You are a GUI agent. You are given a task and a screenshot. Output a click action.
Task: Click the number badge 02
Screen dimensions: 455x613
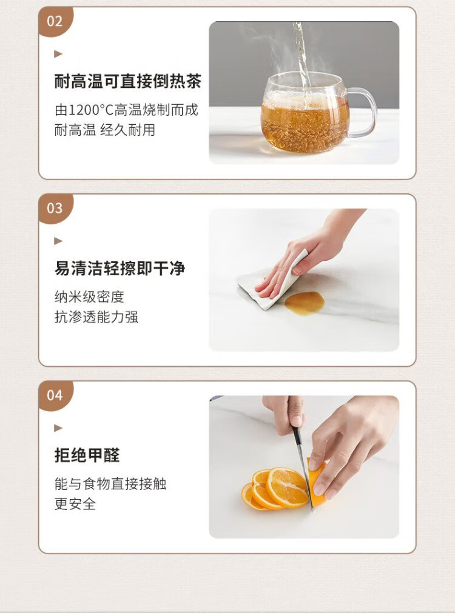tap(55, 21)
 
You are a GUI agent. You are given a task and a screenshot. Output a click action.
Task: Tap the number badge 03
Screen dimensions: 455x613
tap(55, 209)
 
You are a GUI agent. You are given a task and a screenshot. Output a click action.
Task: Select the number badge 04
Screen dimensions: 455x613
tap(55, 395)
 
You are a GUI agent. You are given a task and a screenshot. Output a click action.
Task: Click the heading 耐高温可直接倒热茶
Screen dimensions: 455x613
tap(128, 81)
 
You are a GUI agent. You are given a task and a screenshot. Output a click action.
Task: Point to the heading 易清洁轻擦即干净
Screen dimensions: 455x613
tap(120, 268)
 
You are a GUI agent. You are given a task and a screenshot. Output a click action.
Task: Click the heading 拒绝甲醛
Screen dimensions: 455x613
tap(87, 455)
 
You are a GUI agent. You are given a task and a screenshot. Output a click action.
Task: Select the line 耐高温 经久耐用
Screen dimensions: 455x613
tap(105, 130)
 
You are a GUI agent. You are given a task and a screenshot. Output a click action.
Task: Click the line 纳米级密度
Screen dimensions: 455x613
tap(89, 297)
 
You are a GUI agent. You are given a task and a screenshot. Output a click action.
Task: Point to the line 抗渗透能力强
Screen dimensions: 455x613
tap(96, 317)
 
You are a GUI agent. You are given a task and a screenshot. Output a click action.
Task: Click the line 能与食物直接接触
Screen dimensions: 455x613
tap(110, 484)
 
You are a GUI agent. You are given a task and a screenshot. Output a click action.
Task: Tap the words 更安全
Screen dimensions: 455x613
tap(75, 504)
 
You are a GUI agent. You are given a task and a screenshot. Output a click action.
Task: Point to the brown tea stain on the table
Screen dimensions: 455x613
tap(305, 303)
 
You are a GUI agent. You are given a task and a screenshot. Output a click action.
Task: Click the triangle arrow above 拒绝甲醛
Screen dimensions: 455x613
tap(58, 427)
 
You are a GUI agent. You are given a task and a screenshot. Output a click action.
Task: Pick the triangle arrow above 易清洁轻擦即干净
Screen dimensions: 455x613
tap(58, 241)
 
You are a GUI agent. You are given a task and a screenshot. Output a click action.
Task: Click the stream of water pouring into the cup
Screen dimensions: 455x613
tap(302, 55)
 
